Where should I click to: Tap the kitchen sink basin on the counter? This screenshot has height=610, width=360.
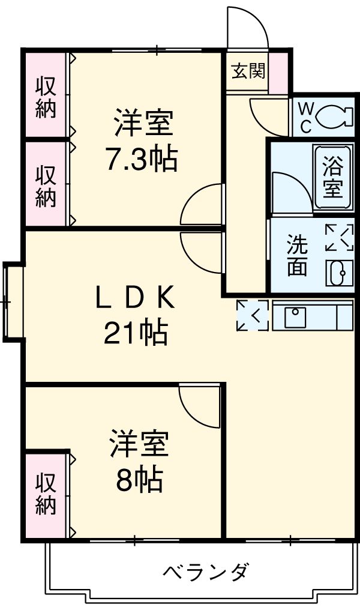point(294,316)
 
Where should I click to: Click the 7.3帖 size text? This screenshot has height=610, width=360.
point(141,160)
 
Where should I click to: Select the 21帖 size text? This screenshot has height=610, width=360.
point(135,333)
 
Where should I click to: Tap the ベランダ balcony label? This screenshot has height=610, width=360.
point(205,571)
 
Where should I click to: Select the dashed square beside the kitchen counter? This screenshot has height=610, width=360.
point(252,315)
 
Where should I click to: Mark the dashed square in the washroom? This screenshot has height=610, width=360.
point(339,238)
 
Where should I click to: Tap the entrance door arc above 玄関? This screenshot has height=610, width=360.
point(246,27)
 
